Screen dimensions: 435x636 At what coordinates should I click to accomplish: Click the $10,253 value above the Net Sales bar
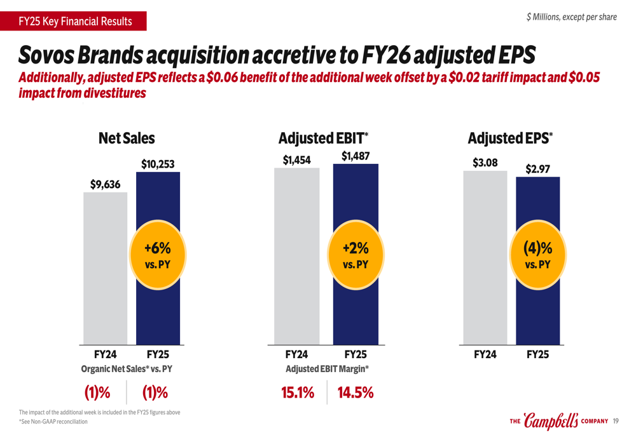158,164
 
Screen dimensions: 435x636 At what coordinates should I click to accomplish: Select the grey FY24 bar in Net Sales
105,267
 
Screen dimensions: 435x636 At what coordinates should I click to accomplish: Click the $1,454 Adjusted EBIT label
296,160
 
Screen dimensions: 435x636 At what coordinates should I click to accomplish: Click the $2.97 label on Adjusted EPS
537,169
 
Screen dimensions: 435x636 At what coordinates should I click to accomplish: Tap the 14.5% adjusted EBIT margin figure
355,393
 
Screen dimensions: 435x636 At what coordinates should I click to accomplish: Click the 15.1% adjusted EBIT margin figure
298,393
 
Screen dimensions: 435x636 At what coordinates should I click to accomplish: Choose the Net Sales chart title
127,138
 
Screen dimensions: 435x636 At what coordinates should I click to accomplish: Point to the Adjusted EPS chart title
510,138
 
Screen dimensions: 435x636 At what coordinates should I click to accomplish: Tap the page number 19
616,421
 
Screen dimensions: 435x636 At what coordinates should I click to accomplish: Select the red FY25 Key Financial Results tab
74,22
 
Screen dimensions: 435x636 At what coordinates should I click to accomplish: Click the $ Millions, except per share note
571,17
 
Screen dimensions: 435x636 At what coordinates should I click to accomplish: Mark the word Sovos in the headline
46,56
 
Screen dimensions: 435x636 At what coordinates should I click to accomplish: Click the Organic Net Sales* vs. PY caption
127,368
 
